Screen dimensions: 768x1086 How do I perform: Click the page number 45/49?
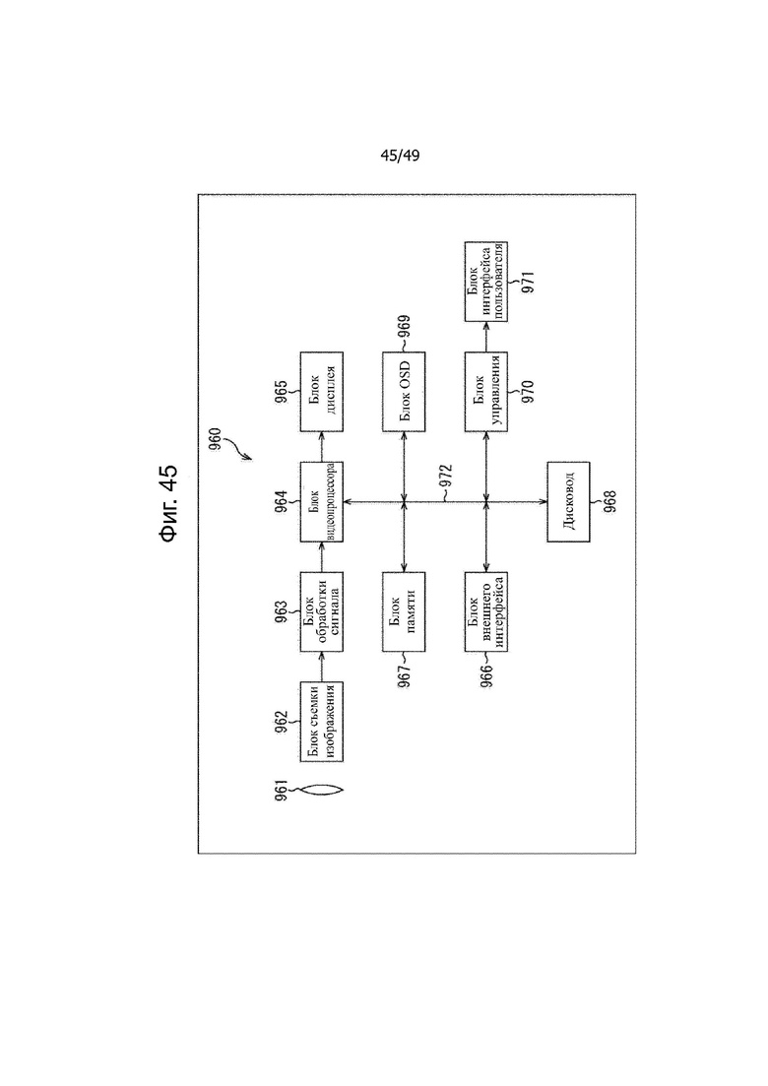400,156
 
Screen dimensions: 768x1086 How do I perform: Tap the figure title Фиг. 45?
168,503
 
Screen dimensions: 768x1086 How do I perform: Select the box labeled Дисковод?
568,501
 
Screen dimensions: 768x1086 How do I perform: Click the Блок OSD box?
404,391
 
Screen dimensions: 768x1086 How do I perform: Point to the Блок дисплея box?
321,391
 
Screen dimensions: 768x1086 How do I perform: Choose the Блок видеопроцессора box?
321,501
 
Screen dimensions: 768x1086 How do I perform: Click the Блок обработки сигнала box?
321,611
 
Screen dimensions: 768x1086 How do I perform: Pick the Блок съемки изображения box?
321,722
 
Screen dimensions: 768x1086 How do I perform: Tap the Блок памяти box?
404,611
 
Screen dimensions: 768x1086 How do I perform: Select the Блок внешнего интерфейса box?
486,611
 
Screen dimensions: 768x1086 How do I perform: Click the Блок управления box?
486,391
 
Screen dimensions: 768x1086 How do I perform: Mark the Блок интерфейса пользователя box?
486,282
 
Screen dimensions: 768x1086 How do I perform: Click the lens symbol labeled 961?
321,790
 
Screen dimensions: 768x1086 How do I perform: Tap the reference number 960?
216,440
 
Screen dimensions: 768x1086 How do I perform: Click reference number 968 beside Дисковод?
610,501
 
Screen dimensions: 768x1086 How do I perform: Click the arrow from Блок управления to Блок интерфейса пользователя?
486,337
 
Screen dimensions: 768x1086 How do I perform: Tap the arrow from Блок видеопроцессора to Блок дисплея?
321,447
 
